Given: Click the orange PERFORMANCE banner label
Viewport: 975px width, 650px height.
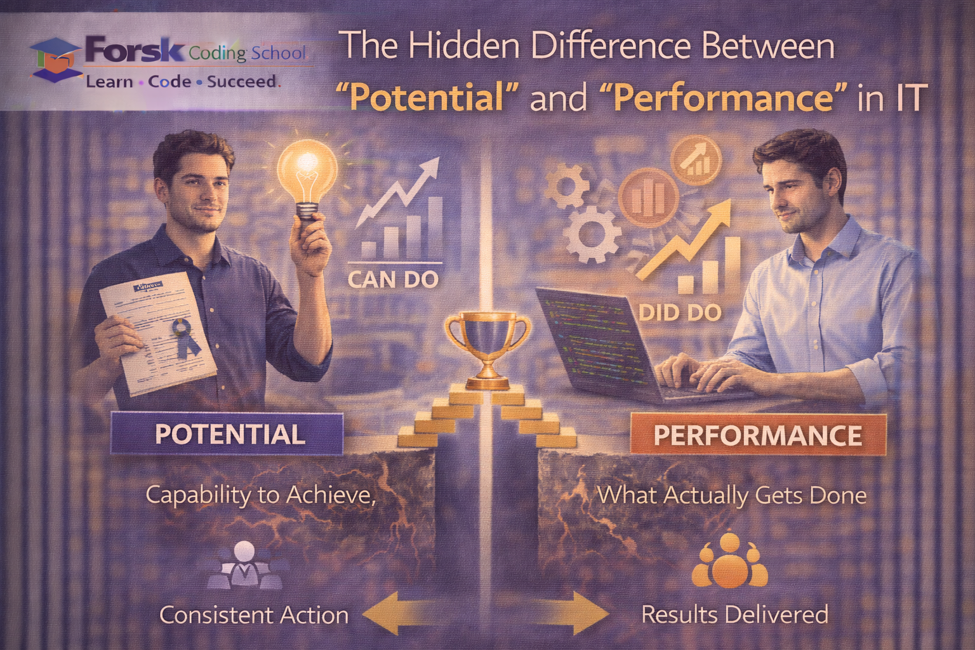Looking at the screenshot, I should coord(758,435).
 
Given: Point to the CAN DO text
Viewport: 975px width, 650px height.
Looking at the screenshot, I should coord(394,279).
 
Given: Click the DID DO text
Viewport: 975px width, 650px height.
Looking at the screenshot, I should coord(680,312).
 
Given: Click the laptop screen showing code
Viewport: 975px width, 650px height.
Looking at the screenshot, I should coord(590,336).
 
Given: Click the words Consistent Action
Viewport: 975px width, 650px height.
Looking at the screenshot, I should coord(254,614).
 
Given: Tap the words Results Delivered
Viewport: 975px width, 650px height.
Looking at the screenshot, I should coord(734,614).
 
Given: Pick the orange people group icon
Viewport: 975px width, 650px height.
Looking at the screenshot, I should coord(729,562).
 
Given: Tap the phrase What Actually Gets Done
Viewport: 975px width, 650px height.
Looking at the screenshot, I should coord(732,495).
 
